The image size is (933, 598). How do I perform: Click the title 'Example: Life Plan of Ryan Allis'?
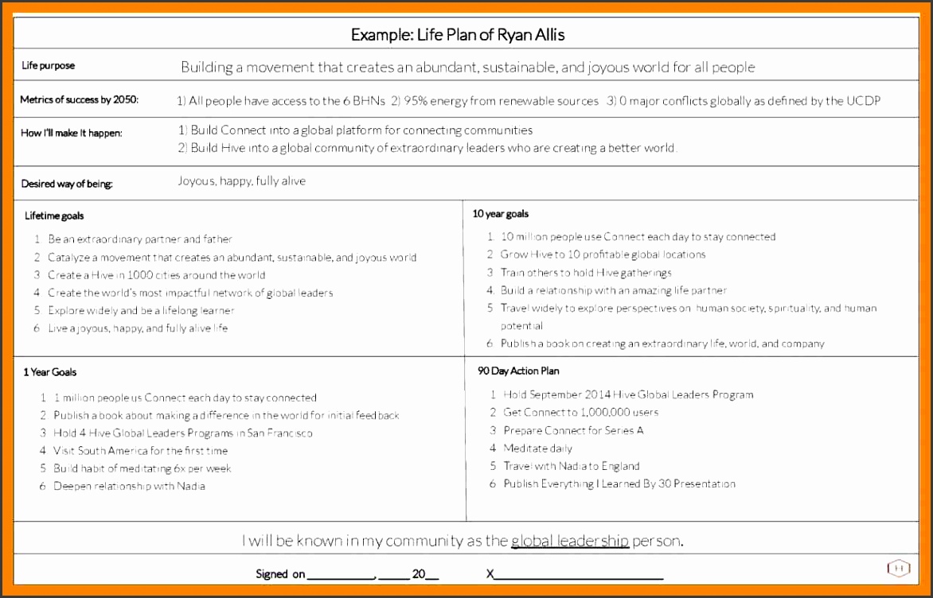point(458,35)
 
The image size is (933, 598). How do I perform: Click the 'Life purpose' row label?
point(48,66)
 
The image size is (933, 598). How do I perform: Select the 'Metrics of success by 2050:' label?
point(79,100)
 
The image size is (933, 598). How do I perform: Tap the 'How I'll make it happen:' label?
point(72,133)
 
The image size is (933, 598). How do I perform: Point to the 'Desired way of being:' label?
point(67,184)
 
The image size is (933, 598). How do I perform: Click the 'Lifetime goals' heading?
point(54,216)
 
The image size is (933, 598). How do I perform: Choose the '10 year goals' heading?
point(500,214)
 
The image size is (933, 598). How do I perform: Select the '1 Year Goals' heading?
point(49,372)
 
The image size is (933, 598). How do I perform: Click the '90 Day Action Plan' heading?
point(518,371)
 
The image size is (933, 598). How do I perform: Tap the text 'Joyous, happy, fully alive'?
point(241,181)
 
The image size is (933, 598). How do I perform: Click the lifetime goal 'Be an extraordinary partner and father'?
point(140,239)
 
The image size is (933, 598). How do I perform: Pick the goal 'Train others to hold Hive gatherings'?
point(586,273)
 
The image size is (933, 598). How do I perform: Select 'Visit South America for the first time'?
point(140,451)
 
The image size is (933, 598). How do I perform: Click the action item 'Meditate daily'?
point(537,448)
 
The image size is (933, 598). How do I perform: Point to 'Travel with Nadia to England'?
point(571,466)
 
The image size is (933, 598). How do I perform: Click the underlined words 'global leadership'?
point(569,542)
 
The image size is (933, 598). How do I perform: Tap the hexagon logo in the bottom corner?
point(898,568)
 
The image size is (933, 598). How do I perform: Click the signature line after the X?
point(579,574)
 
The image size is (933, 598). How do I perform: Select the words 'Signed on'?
point(280,574)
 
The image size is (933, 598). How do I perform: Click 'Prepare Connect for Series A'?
point(573,430)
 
